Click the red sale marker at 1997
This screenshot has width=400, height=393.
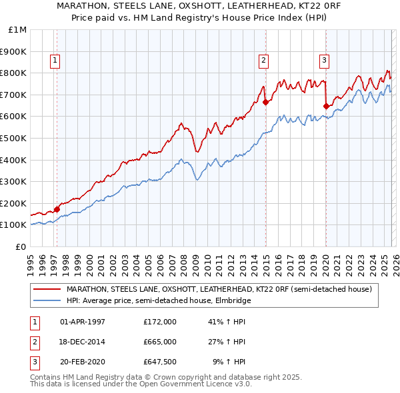click(x=57, y=209)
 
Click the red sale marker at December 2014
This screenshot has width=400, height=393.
click(x=265, y=102)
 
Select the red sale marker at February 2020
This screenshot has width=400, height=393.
click(x=326, y=106)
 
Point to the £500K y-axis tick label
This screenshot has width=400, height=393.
click(x=15, y=138)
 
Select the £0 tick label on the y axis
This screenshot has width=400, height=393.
click(x=21, y=246)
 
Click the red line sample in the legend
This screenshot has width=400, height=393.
click(x=47, y=289)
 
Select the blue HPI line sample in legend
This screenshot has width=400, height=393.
click(x=47, y=300)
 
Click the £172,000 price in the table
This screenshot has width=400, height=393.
click(x=160, y=321)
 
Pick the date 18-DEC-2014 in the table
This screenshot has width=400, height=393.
click(x=83, y=342)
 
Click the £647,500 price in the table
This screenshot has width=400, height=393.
click(x=160, y=362)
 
